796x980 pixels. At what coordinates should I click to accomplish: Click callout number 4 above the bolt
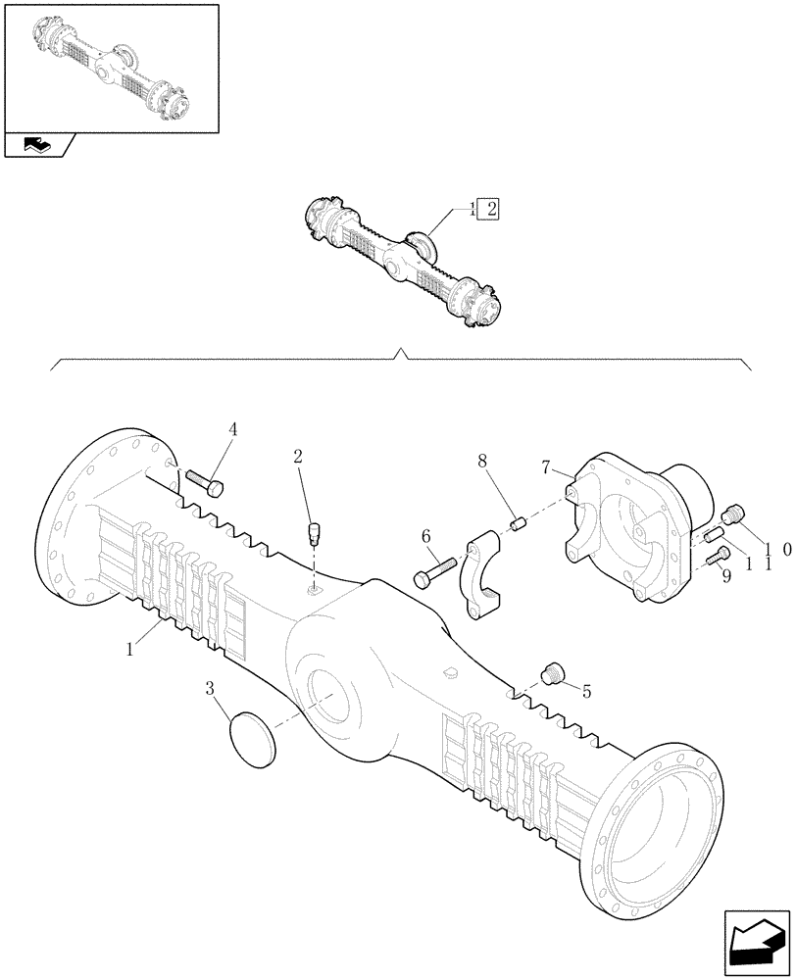coord(233,428)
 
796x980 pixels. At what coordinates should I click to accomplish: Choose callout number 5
coord(587,692)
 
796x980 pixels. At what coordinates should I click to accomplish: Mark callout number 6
coord(426,537)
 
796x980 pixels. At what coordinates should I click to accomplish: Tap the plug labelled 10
coord(734,514)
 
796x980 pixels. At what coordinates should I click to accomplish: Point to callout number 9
coord(725,578)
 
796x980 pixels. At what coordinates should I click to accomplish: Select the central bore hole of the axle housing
coord(329,697)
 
